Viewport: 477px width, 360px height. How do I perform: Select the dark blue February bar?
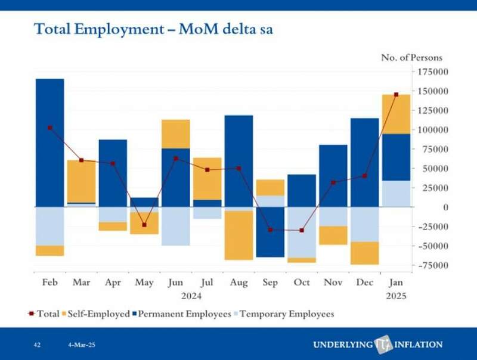pos(50,143)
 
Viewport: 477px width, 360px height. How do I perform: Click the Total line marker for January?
pos(396,94)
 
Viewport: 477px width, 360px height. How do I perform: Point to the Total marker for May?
pos(144,225)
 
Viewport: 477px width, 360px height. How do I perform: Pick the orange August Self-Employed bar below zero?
pos(238,235)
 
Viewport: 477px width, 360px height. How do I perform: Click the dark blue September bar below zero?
pos(270,232)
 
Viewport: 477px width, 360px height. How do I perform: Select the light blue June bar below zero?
pos(176,226)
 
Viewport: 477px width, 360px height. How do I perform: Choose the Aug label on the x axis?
pos(238,283)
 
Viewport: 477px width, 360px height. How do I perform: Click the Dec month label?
pos(364,283)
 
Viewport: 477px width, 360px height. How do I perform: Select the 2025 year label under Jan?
pos(396,296)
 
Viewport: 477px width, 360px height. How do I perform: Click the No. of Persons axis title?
pos(412,58)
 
